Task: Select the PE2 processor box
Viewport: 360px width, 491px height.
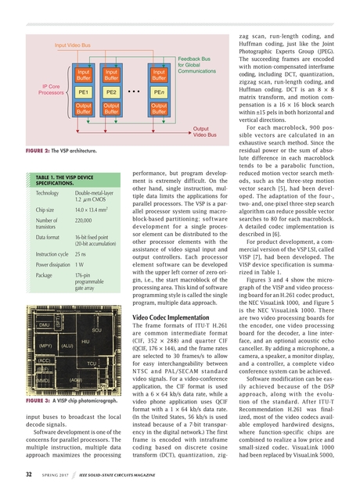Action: tap(111, 91)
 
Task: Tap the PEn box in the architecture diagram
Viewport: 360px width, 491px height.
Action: tap(159, 91)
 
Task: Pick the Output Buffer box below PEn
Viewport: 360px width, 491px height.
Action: tap(159, 108)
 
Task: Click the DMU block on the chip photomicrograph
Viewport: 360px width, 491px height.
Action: tap(45, 324)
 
